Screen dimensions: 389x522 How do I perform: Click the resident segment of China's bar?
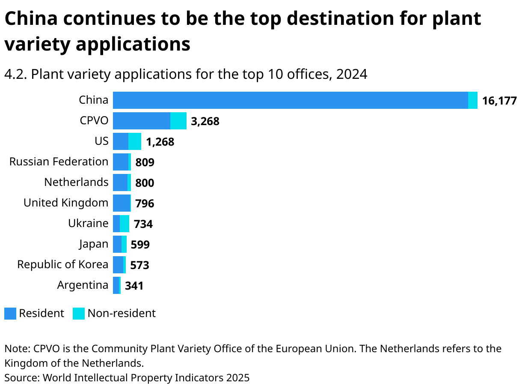(x=290, y=100)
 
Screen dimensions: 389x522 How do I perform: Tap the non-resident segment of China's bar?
(x=473, y=100)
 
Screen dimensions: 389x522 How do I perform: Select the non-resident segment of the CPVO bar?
(x=178, y=121)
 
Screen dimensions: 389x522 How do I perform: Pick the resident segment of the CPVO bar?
(x=142, y=121)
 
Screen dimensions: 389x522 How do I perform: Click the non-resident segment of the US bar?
(x=135, y=141)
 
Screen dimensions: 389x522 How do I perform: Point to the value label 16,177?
(x=499, y=101)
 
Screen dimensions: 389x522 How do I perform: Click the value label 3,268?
(x=205, y=122)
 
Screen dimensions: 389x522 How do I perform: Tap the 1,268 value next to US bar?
(x=160, y=142)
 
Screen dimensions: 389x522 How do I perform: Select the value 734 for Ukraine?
(x=143, y=224)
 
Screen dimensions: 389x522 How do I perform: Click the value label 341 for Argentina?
(x=134, y=286)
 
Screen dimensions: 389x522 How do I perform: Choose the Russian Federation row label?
(x=59, y=162)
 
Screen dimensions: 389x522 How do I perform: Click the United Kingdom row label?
(x=66, y=203)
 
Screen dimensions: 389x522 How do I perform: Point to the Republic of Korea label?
(x=62, y=265)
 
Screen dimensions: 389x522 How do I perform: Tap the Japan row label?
(x=94, y=244)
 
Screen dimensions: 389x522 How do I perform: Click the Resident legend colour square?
(x=10, y=314)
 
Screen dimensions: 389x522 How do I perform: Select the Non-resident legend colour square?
(x=79, y=314)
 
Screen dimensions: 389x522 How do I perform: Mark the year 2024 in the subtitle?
(x=351, y=75)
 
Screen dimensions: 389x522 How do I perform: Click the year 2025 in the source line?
(x=237, y=378)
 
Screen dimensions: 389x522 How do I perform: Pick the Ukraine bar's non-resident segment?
(x=125, y=224)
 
